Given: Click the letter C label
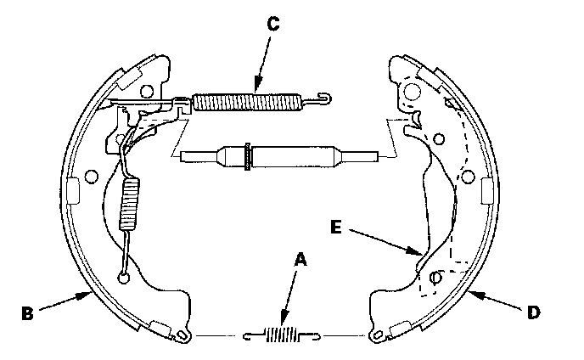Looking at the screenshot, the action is click(271, 24).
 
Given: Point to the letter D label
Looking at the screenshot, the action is click(533, 312).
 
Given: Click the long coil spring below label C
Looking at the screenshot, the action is click(247, 103).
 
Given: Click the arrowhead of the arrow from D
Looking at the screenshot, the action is click(469, 294).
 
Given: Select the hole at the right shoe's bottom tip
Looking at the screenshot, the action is click(375, 337).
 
